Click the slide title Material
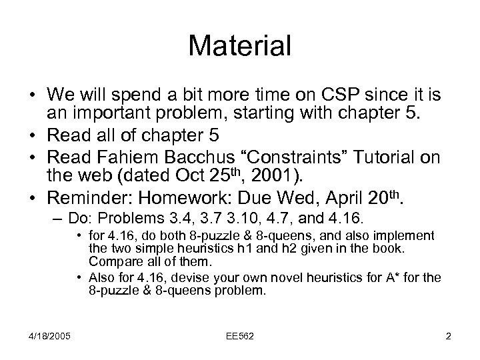click(x=240, y=47)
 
